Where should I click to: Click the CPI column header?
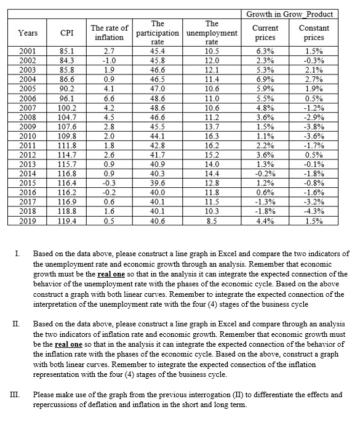(64, 33)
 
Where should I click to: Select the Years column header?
(27, 33)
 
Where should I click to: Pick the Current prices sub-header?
(266, 33)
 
